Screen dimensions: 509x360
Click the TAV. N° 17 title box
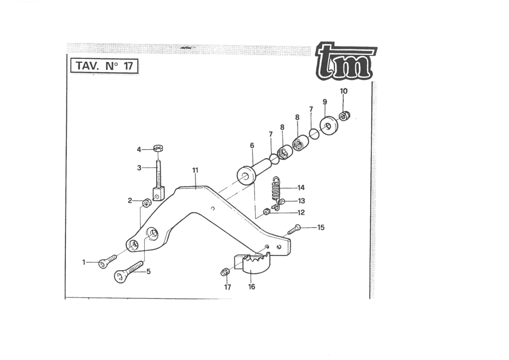[104, 66]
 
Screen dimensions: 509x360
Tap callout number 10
[344, 91]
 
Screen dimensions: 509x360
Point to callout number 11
[195, 170]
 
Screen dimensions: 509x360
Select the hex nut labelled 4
[159, 148]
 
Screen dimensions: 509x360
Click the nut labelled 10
[345, 116]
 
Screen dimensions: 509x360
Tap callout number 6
[252, 145]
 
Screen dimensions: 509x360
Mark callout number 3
[139, 168]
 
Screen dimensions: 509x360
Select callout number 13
[301, 201]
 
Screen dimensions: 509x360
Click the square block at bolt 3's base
[159, 194]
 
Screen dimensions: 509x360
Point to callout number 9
[325, 102]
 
